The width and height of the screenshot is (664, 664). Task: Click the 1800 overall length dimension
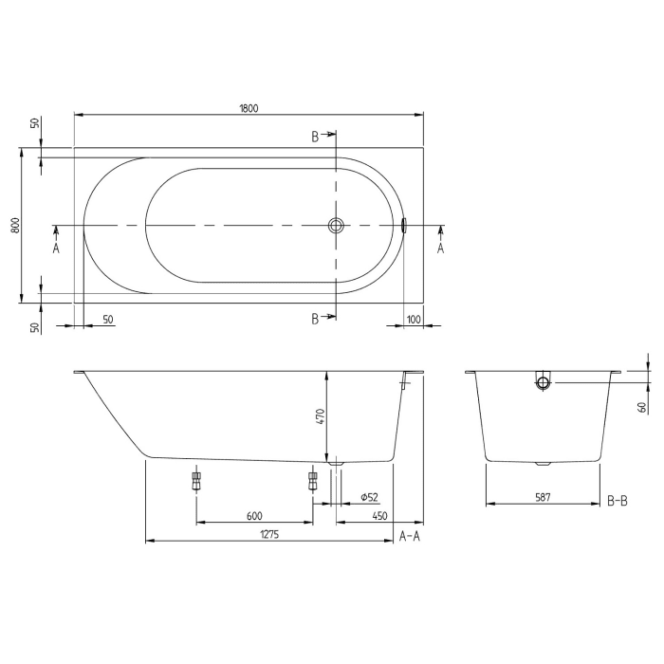tap(249, 108)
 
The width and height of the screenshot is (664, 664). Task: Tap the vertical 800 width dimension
tap(14, 226)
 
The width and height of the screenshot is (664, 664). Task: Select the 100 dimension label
tap(414, 320)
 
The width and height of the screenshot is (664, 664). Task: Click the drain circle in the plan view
tap(336, 226)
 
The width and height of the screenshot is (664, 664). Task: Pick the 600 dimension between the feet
tap(253, 516)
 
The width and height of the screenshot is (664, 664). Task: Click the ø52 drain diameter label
tap(370, 498)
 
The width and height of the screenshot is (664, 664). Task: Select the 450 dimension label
tap(379, 516)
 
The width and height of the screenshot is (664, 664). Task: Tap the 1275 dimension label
tap(269, 535)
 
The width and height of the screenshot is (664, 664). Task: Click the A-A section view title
tap(409, 536)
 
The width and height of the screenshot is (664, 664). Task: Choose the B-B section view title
tap(617, 500)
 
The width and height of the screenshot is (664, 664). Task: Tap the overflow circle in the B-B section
tap(543, 383)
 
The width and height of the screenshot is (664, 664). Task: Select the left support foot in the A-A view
tap(196, 480)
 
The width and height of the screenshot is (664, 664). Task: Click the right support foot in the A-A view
tap(312, 480)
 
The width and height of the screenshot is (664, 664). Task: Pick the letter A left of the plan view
tap(56, 248)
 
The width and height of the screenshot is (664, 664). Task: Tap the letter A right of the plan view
tap(440, 248)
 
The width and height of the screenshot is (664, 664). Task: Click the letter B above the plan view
tap(315, 138)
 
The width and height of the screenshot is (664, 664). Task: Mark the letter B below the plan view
tap(315, 319)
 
